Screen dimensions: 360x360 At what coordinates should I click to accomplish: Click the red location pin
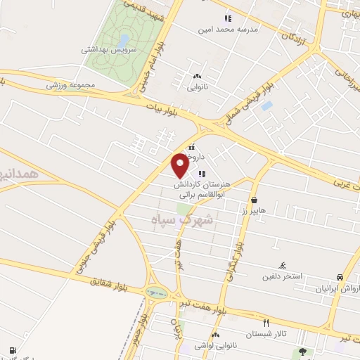point(180,165)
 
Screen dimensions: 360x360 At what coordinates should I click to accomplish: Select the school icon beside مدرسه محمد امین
point(227,18)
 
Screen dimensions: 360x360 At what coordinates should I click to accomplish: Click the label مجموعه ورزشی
point(70,85)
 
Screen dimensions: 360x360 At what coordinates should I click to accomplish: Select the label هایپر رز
point(252,191)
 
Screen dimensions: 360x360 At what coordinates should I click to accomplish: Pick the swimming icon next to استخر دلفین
point(282,265)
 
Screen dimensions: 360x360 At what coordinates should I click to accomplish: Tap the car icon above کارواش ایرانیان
point(340,277)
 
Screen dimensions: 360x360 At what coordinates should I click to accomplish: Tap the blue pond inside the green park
point(124,39)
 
